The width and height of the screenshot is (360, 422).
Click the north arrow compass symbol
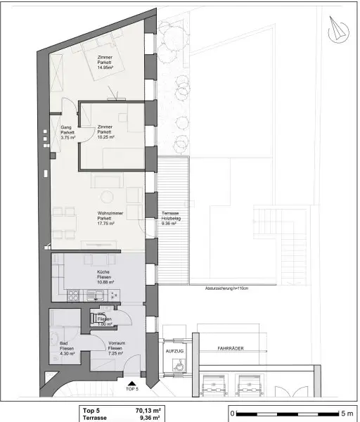tap(336, 29)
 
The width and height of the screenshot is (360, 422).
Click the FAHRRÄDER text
tap(230, 348)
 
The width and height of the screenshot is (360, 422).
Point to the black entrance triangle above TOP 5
tap(131, 381)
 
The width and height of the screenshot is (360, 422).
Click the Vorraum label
tap(117, 343)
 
